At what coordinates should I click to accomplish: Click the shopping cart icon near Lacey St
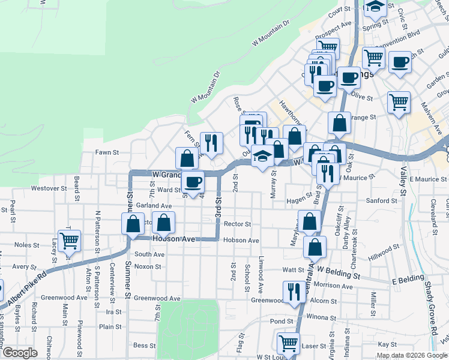click(x=70, y=241)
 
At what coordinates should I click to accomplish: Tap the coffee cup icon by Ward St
click(x=193, y=181)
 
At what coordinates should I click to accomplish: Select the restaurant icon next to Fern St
click(x=211, y=142)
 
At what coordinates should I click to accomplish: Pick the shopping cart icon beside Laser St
click(x=288, y=343)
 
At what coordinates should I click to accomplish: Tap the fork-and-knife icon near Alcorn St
click(x=294, y=292)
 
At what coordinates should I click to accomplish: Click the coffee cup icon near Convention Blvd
click(x=400, y=61)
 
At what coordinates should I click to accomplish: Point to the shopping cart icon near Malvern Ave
click(x=399, y=102)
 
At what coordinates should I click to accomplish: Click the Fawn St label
click(x=104, y=152)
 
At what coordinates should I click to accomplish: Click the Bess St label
click(x=145, y=345)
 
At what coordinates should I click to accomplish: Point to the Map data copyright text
click(x=411, y=355)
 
